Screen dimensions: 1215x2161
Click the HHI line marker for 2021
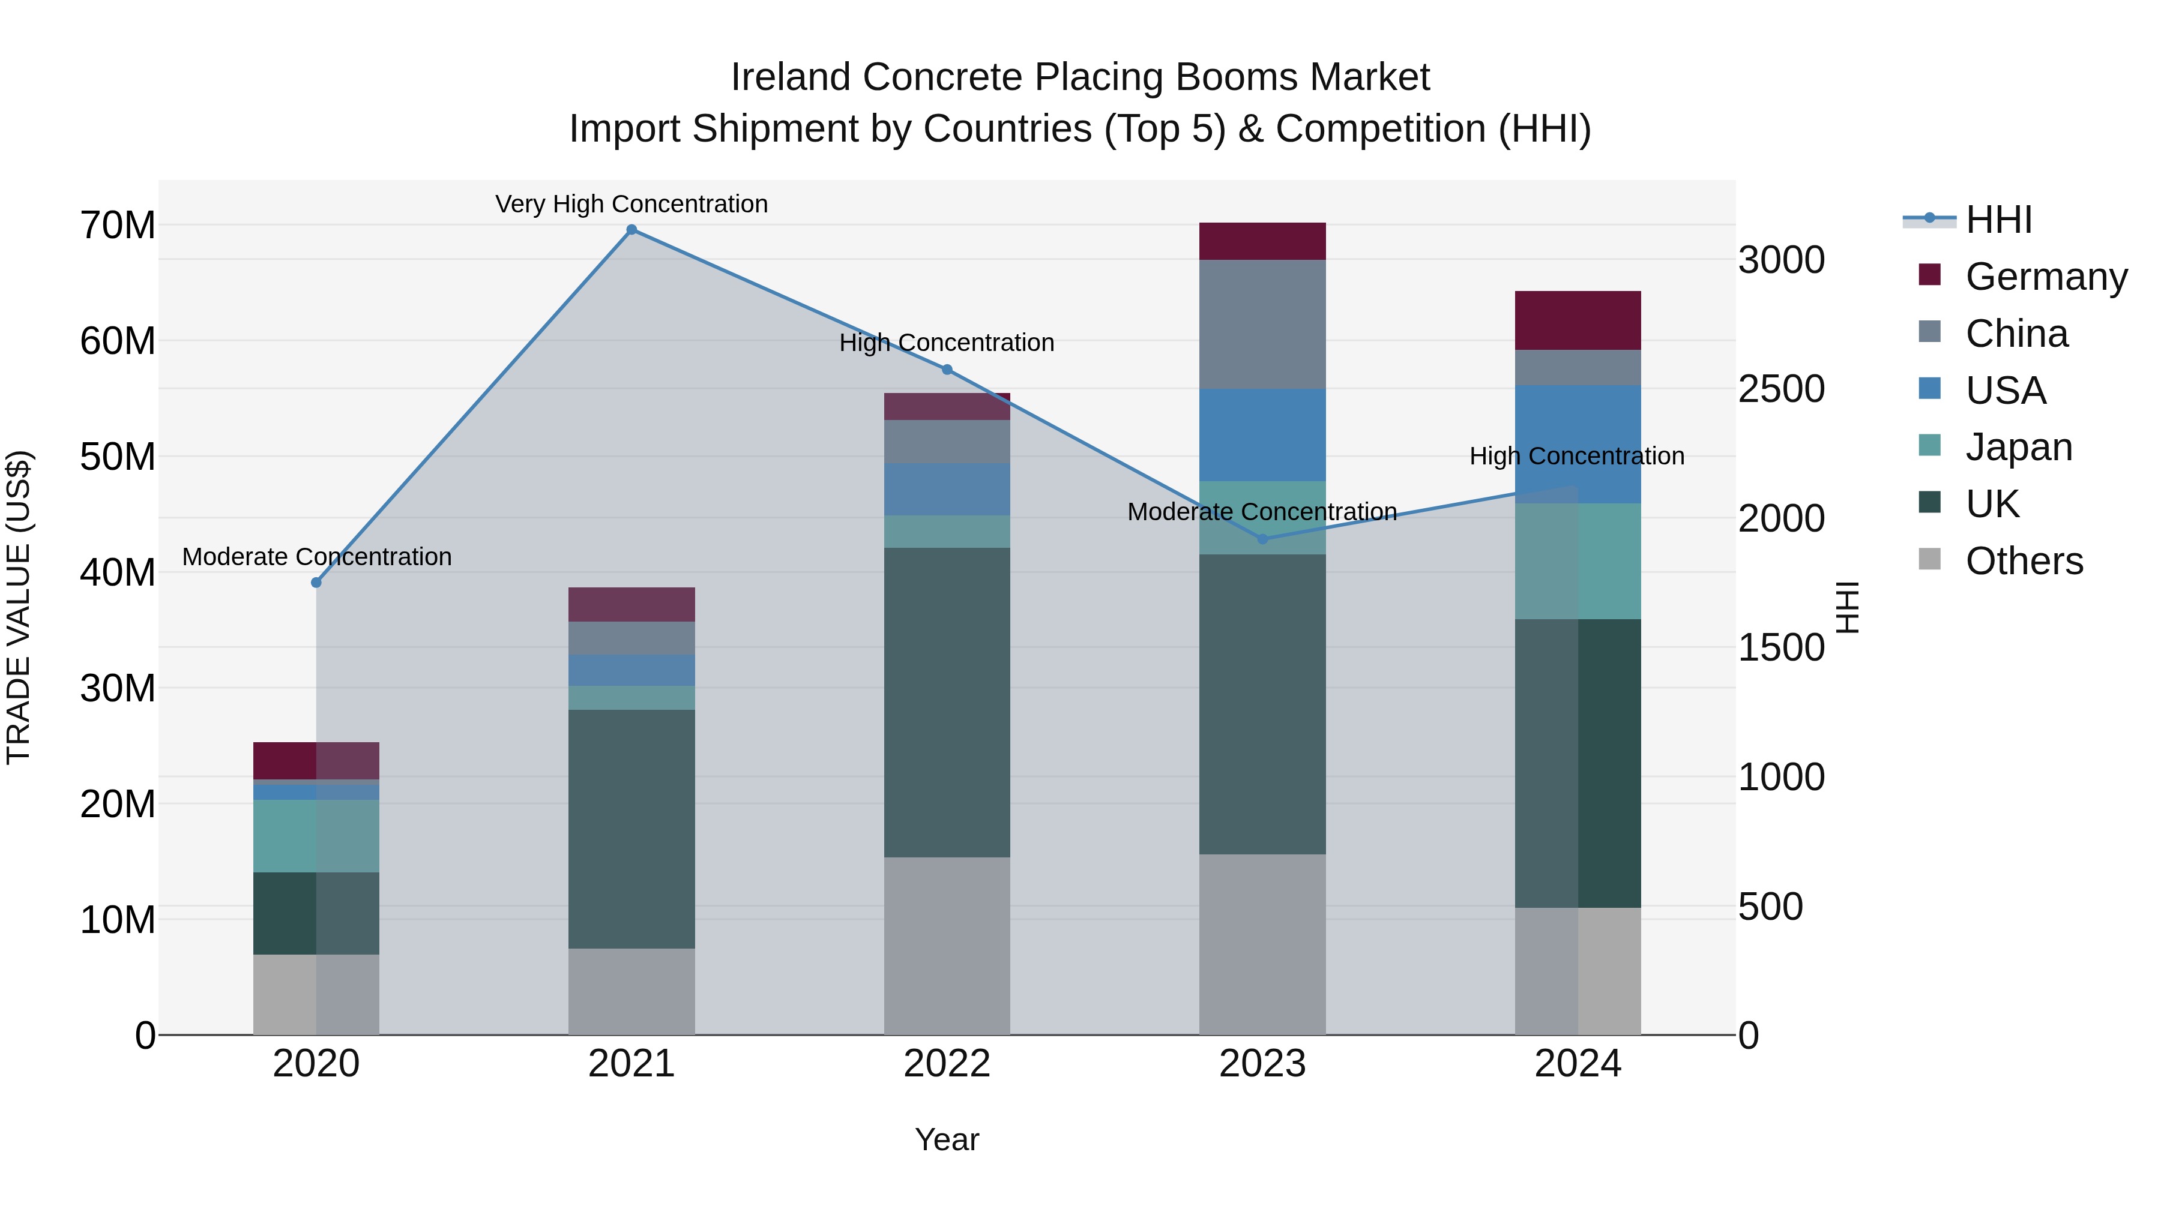click(x=631, y=230)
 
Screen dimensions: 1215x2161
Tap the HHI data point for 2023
click(x=1262, y=538)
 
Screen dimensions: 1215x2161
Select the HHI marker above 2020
click(x=316, y=583)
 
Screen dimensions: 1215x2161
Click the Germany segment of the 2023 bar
click(x=1262, y=241)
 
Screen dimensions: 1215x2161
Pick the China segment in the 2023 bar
click(x=1262, y=325)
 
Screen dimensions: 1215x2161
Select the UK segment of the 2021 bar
click(x=631, y=829)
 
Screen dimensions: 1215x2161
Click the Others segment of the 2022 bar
click(x=947, y=946)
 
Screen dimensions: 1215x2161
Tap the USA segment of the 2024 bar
click(x=1577, y=445)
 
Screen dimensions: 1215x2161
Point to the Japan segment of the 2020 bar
click(x=316, y=836)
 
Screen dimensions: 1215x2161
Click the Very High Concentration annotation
click(x=631, y=205)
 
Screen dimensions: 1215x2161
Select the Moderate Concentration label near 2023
click(x=1262, y=511)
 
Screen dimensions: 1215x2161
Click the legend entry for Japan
click(x=2018, y=447)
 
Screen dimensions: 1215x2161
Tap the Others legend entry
click(x=2024, y=561)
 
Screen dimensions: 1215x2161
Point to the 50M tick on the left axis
click(x=118, y=457)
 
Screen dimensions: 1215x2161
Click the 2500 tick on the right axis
click(x=1781, y=389)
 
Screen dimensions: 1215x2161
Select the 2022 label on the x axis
click(x=947, y=1064)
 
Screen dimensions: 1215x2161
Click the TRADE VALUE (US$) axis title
click(x=19, y=607)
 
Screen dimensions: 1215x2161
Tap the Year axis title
click(x=947, y=1139)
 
